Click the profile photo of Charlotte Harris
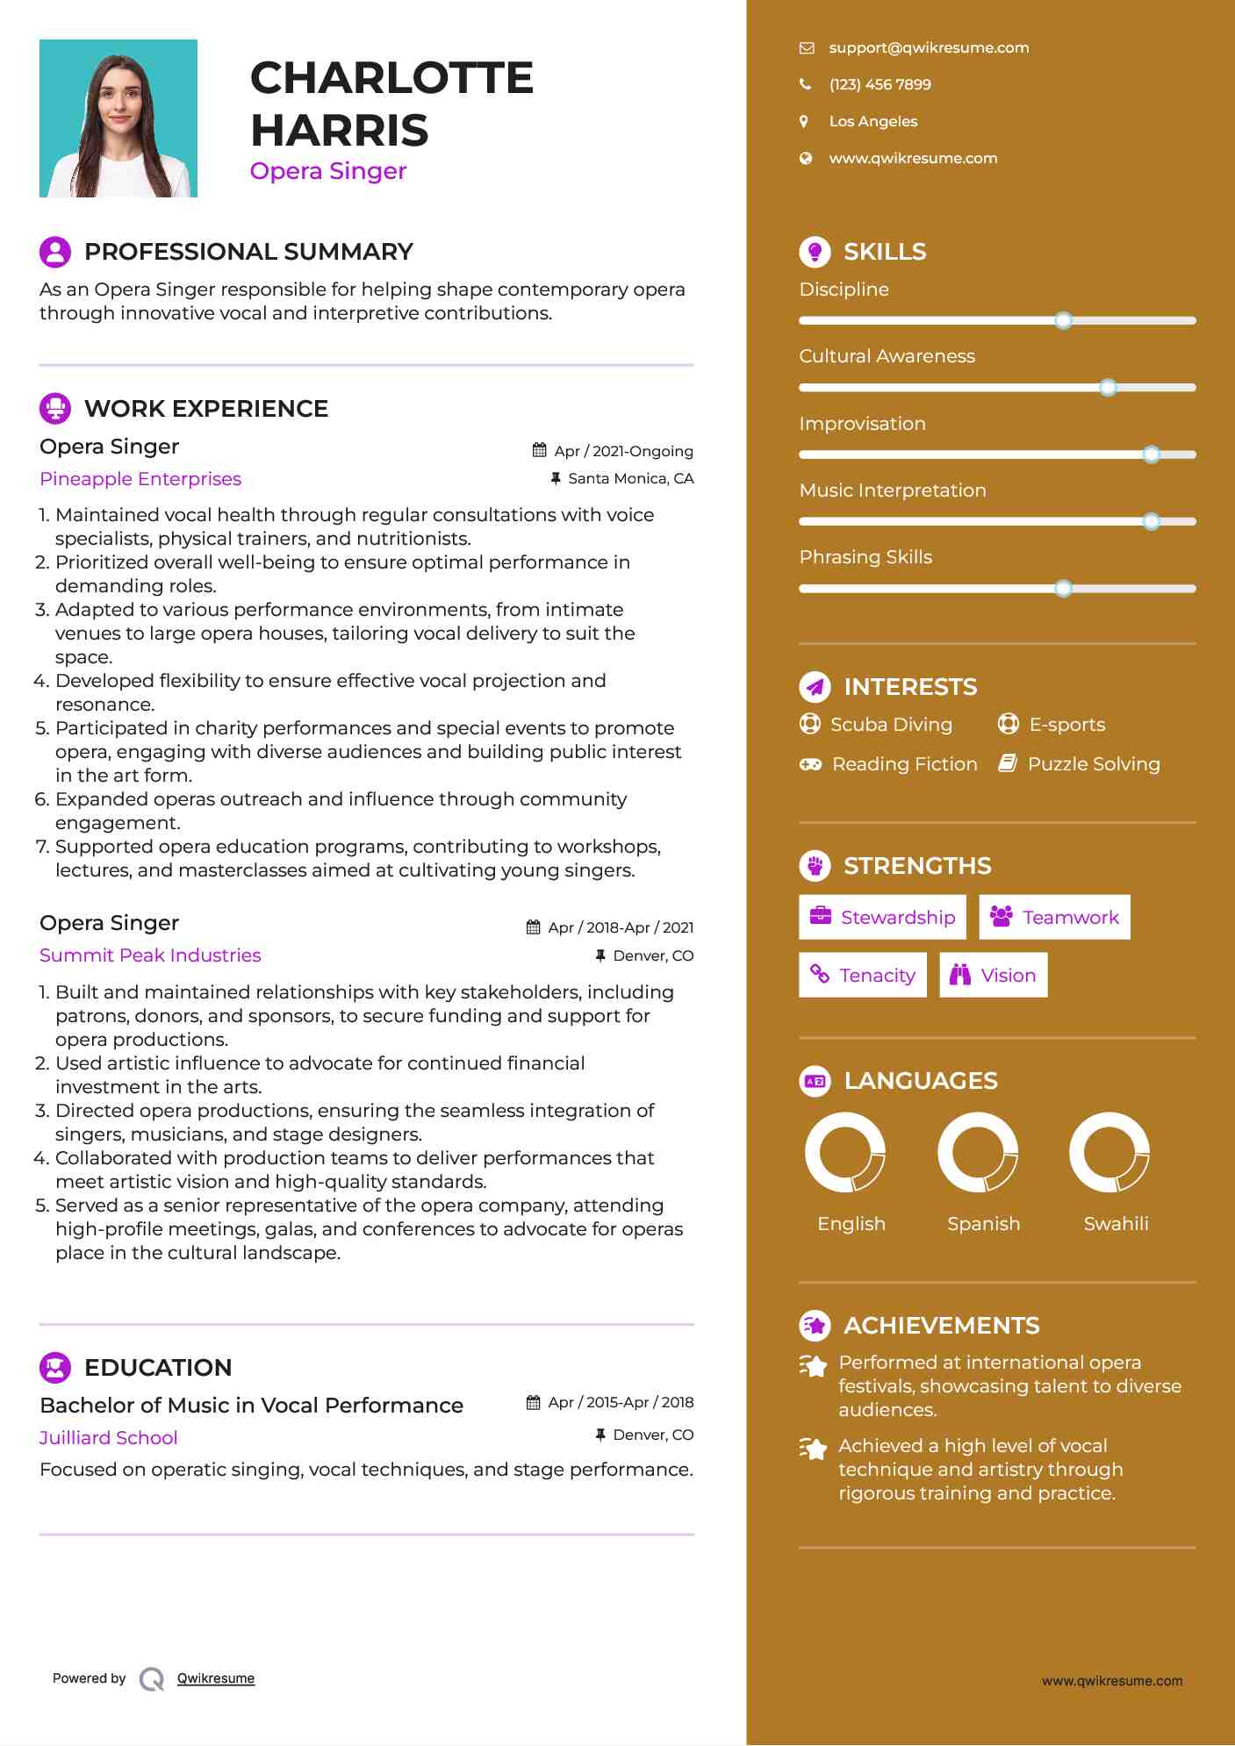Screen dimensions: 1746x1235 point(118,118)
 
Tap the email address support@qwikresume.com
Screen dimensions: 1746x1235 point(929,48)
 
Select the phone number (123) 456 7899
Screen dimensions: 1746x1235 point(880,85)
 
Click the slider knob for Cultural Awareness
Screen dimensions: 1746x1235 point(1108,387)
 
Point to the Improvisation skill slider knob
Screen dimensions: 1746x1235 point(1151,454)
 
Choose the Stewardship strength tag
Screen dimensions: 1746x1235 point(882,918)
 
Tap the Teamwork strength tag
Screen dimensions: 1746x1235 point(1054,918)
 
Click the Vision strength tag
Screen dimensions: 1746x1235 point(993,976)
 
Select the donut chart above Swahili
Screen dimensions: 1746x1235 point(1109,1152)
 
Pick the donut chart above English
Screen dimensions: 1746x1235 point(845,1152)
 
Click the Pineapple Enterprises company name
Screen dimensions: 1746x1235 point(140,479)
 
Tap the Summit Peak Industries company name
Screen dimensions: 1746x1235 point(150,955)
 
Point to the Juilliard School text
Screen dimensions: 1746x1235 point(109,1438)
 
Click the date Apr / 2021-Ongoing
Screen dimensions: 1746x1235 point(623,451)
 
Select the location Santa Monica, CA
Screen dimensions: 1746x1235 point(630,479)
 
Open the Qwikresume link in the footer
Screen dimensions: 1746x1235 point(216,1678)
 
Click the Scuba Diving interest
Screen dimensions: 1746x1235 point(891,725)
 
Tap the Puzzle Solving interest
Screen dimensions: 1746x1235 point(1093,764)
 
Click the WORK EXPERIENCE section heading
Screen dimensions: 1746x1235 point(206,409)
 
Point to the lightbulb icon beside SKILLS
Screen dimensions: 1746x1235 point(815,252)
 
